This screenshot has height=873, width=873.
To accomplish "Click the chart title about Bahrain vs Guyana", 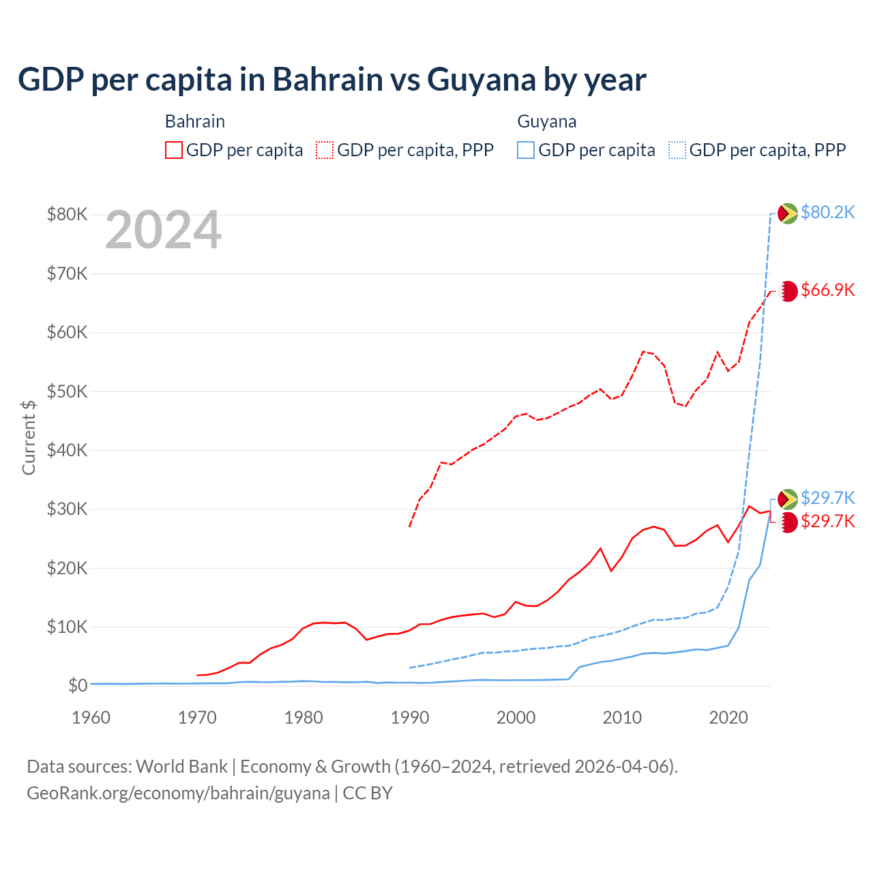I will [x=331, y=80].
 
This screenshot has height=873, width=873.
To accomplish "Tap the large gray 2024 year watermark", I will [x=164, y=230].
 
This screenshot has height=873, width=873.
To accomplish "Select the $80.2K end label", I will [x=827, y=212].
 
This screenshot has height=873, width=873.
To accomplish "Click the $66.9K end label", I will [x=827, y=290].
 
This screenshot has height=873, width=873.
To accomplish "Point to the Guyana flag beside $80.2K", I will [x=788, y=213].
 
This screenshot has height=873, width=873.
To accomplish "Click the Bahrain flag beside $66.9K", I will [x=788, y=291].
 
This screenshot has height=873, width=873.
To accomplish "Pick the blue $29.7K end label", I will [x=827, y=497].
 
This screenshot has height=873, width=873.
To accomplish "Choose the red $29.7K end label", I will [x=827, y=521].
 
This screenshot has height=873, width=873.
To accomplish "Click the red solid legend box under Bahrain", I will [x=174, y=150].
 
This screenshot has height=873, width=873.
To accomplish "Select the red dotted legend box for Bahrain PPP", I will [x=325, y=150].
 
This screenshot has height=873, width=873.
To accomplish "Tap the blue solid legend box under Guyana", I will [x=526, y=150].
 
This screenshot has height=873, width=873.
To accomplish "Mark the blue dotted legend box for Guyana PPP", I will [x=677, y=150].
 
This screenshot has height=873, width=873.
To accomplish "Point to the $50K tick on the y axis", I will [x=67, y=391].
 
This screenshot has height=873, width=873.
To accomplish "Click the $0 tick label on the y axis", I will [x=78, y=685].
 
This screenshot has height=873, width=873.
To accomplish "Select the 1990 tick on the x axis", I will [x=409, y=717].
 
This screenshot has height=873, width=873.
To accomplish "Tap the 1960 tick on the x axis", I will [x=91, y=717].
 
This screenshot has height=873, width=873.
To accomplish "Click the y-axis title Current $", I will [x=29, y=437].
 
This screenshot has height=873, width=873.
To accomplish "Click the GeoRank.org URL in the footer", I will [x=178, y=793].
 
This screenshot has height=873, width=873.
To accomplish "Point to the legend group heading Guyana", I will [x=547, y=121].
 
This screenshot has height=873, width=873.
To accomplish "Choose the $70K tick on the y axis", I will [x=67, y=273].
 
